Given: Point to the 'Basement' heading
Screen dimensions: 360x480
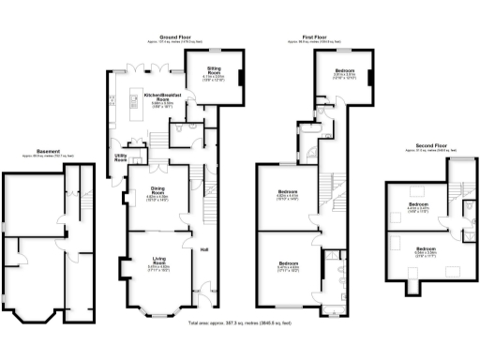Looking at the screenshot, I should point(49,150).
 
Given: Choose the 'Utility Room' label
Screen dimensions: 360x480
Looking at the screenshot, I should point(121,158).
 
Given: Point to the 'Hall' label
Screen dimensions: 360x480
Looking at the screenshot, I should point(204,249).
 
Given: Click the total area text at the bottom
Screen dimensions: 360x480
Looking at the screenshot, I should point(241,322).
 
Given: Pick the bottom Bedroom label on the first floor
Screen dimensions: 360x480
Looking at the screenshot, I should point(290,264).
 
